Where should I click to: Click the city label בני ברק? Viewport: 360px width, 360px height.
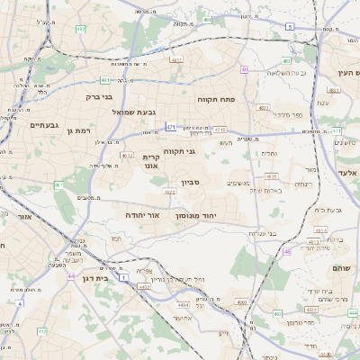point(99,96)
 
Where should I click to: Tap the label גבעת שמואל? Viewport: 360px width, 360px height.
point(134,112)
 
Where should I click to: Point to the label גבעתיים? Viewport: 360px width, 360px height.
point(43,125)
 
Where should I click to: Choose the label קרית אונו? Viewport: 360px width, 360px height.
point(151,161)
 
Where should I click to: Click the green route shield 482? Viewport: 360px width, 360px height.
point(81,29)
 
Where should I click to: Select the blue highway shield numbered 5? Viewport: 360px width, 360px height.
point(290,27)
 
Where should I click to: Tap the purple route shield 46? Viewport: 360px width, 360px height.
point(287,252)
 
